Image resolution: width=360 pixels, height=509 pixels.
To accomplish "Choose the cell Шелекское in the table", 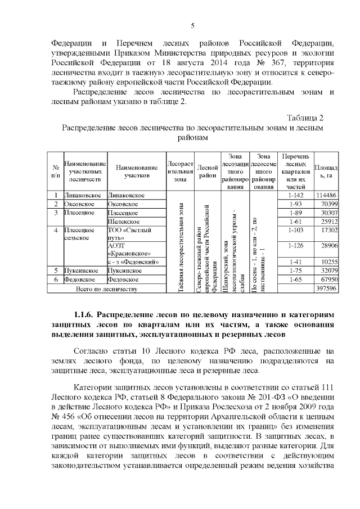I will click(123, 222).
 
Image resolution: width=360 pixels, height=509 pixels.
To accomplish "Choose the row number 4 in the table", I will click(56, 231).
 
